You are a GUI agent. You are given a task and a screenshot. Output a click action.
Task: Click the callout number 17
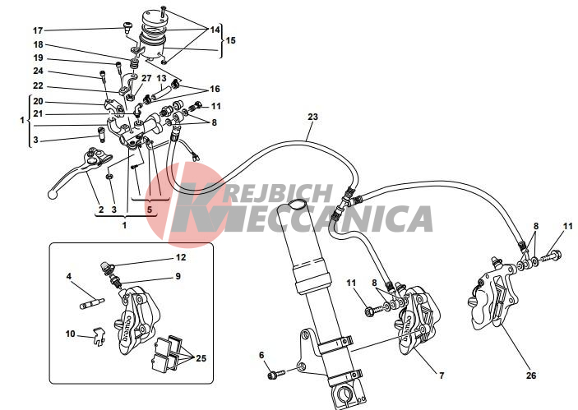click(38, 30)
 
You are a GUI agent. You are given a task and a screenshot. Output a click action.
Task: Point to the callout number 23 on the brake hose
click(312, 117)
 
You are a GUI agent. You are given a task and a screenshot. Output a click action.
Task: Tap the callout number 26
click(530, 375)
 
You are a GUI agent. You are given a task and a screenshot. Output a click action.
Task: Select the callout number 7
click(442, 375)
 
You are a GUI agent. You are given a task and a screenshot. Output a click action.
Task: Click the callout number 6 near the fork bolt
click(262, 356)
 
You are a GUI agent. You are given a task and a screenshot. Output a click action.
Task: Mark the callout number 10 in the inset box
click(70, 334)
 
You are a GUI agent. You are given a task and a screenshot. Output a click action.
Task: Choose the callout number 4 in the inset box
click(69, 277)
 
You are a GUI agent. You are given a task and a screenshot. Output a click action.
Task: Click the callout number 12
click(181, 257)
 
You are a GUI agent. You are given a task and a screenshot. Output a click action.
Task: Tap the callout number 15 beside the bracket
click(230, 39)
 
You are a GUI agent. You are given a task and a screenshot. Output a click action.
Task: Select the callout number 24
click(38, 71)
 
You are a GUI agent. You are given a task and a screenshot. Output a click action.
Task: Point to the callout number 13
click(162, 77)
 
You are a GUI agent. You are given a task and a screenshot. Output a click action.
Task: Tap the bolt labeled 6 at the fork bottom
click(274, 375)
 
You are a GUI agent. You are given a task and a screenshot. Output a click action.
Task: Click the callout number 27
click(146, 78)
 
